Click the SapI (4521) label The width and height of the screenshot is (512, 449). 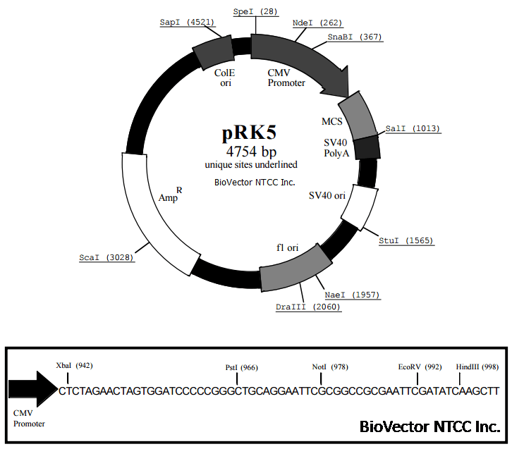[185, 23]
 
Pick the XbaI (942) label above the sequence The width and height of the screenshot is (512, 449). [74, 365]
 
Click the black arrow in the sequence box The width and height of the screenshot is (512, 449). [32, 389]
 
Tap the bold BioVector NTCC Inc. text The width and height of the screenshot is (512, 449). [429, 426]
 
